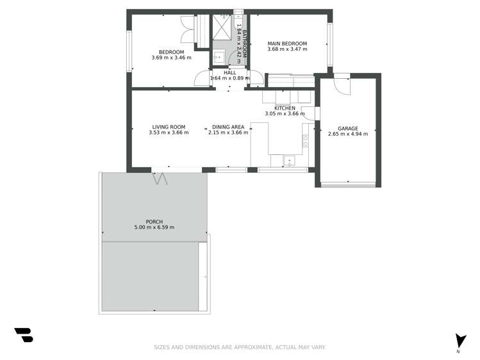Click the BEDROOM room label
(171, 52)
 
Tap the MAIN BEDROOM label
(287, 44)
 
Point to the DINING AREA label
(227, 127)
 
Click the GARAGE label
(348, 128)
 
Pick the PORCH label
(154, 222)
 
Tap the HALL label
(229, 73)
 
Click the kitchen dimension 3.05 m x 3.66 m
(285, 114)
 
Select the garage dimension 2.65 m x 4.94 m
(348, 134)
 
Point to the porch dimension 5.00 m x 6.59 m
(154, 227)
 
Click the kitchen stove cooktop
(306, 141)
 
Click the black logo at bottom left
(23, 334)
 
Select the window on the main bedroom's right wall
(330, 44)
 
